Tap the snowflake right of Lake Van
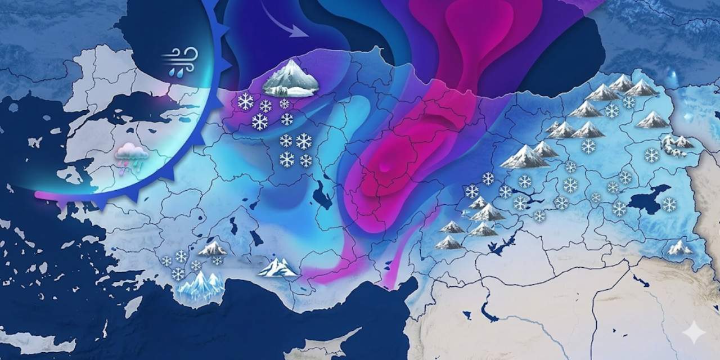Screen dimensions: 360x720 [669, 205]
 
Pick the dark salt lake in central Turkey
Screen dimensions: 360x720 [322, 195]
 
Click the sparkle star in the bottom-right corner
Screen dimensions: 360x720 [694, 333]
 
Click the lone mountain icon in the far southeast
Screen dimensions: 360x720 [679, 247]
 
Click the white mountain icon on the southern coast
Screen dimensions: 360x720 [277, 268]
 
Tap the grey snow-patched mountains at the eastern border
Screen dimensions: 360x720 [676, 144]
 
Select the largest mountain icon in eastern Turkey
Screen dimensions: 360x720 [524, 157]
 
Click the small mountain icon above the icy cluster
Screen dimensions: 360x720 [213, 248]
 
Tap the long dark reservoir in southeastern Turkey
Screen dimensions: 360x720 [503, 245]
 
